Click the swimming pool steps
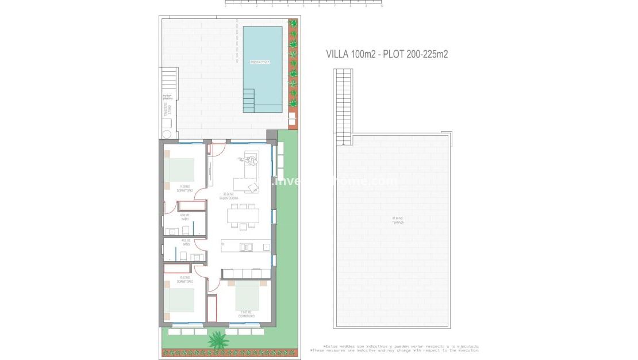249,100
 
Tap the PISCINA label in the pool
260,62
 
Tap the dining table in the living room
243,215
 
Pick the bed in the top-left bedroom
180,170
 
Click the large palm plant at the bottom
218,340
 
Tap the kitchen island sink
245,247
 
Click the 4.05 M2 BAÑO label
186,242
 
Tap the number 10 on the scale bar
382,6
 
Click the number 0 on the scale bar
225,6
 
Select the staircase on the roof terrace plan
343,106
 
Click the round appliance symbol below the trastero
167,134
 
